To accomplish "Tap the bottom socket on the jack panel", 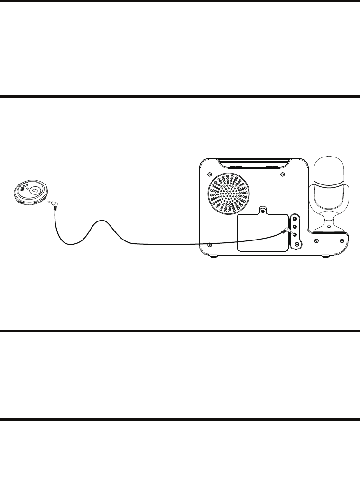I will (297, 244).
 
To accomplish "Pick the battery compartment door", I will (262, 232).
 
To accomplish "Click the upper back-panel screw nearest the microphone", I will (283, 175).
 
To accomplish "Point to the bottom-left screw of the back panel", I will (209, 245).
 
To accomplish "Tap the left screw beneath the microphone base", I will (315, 241).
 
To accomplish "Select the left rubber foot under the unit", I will (212, 256).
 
